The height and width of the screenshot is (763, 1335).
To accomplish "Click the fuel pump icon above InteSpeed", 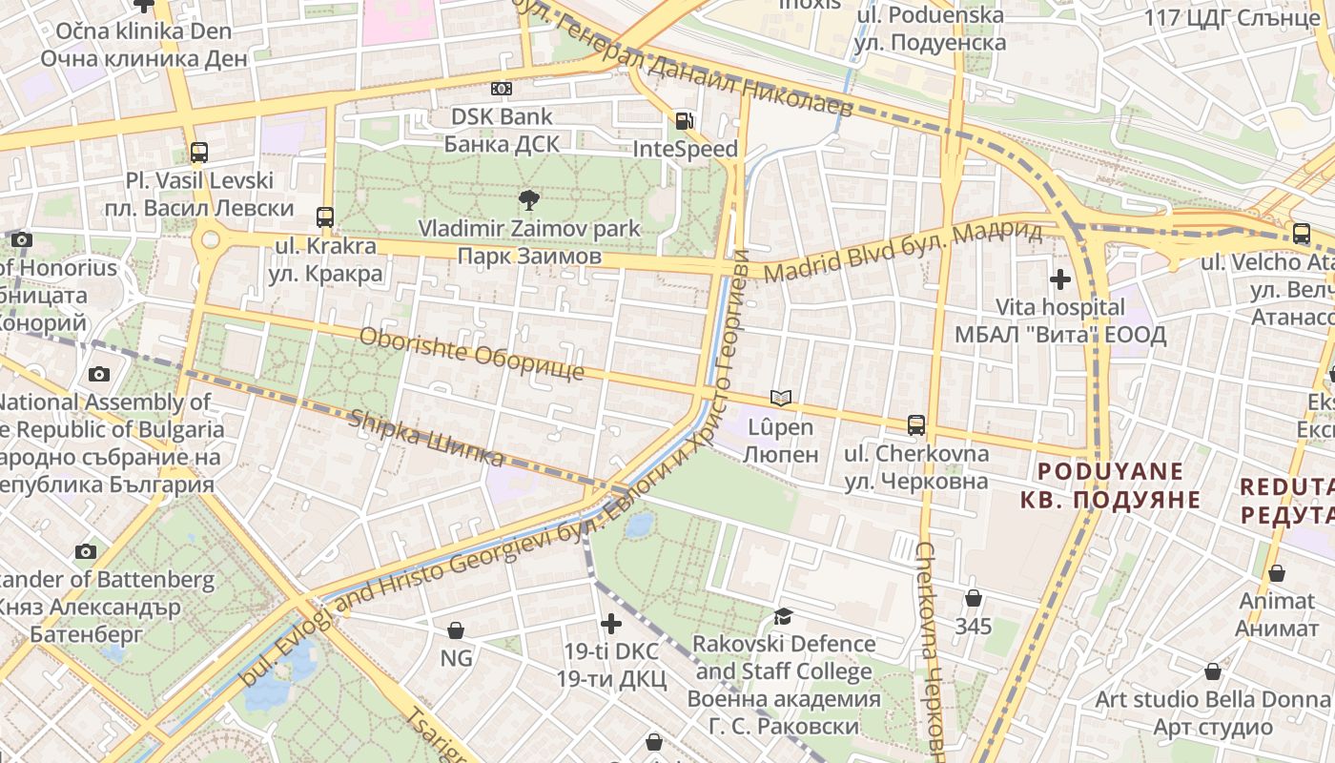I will coord(684,121).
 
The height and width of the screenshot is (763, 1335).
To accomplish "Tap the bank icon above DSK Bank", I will coord(502,89).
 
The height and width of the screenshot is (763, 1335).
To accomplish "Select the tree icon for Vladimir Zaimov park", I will coord(528,199).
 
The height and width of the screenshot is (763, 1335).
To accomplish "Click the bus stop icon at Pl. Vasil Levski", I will coord(199,152).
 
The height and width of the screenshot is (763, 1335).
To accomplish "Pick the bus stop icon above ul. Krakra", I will coord(325,217).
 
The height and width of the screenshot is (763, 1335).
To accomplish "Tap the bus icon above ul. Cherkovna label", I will coord(916,424).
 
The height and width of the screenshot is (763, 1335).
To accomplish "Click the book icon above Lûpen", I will coord(781,398).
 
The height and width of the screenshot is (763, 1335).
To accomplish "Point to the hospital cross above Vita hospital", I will coord(1059,279).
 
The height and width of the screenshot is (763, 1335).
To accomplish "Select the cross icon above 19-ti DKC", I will coord(611,624).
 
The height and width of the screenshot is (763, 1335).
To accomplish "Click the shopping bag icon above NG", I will coord(456,630).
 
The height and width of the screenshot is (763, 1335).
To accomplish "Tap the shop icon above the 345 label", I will coord(974,598).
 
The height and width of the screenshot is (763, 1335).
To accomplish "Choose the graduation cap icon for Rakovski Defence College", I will coord(783,616).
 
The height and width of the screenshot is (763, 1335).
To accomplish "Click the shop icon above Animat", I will coord(1277,572).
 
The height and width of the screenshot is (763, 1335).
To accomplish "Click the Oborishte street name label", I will coord(471,353).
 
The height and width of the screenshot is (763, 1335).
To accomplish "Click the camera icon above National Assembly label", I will coord(98,374).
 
